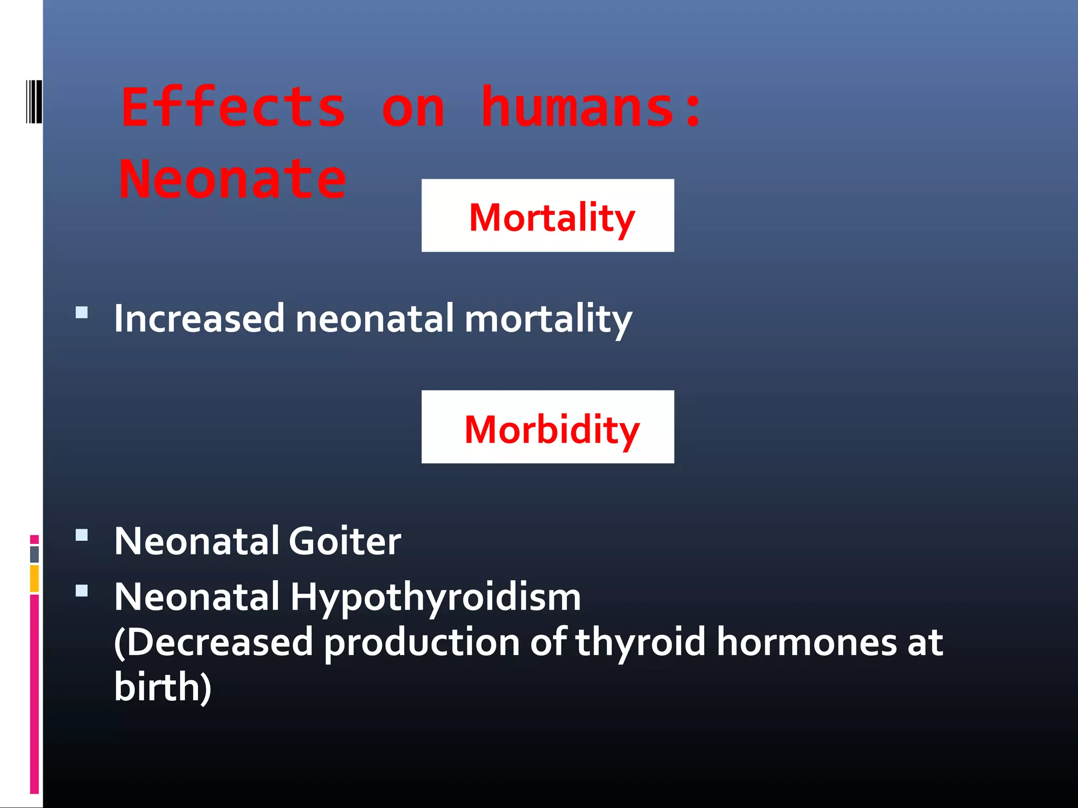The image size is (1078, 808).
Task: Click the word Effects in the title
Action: pyautogui.click(x=233, y=107)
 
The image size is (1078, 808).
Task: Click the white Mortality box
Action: pyautogui.click(x=547, y=216)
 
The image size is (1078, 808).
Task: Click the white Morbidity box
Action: pyautogui.click(x=547, y=427)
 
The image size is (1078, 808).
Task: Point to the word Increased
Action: pyautogui.click(x=199, y=319)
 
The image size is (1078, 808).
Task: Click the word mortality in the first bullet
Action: pyautogui.click(x=548, y=320)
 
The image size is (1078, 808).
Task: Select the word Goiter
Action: pyautogui.click(x=345, y=541)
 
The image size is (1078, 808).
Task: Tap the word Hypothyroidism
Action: pyautogui.click(x=435, y=599)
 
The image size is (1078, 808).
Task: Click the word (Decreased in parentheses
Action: pyautogui.click(x=213, y=643)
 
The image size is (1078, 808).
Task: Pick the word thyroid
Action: pyautogui.click(x=640, y=643)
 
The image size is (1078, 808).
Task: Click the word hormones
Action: pyautogui.click(x=806, y=643)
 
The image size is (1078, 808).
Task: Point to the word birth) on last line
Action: pyautogui.click(x=163, y=687)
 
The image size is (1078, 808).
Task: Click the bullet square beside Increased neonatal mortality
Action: pyautogui.click(x=82, y=313)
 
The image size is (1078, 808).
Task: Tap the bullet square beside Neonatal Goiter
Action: pyautogui.click(x=82, y=536)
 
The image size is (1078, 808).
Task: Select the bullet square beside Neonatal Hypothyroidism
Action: pyautogui.click(x=82, y=591)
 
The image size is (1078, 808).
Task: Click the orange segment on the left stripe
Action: pyautogui.click(x=34, y=578)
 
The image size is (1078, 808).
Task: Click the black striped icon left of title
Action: pyautogui.click(x=34, y=102)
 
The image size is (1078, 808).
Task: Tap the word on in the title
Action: pyautogui.click(x=413, y=108)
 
